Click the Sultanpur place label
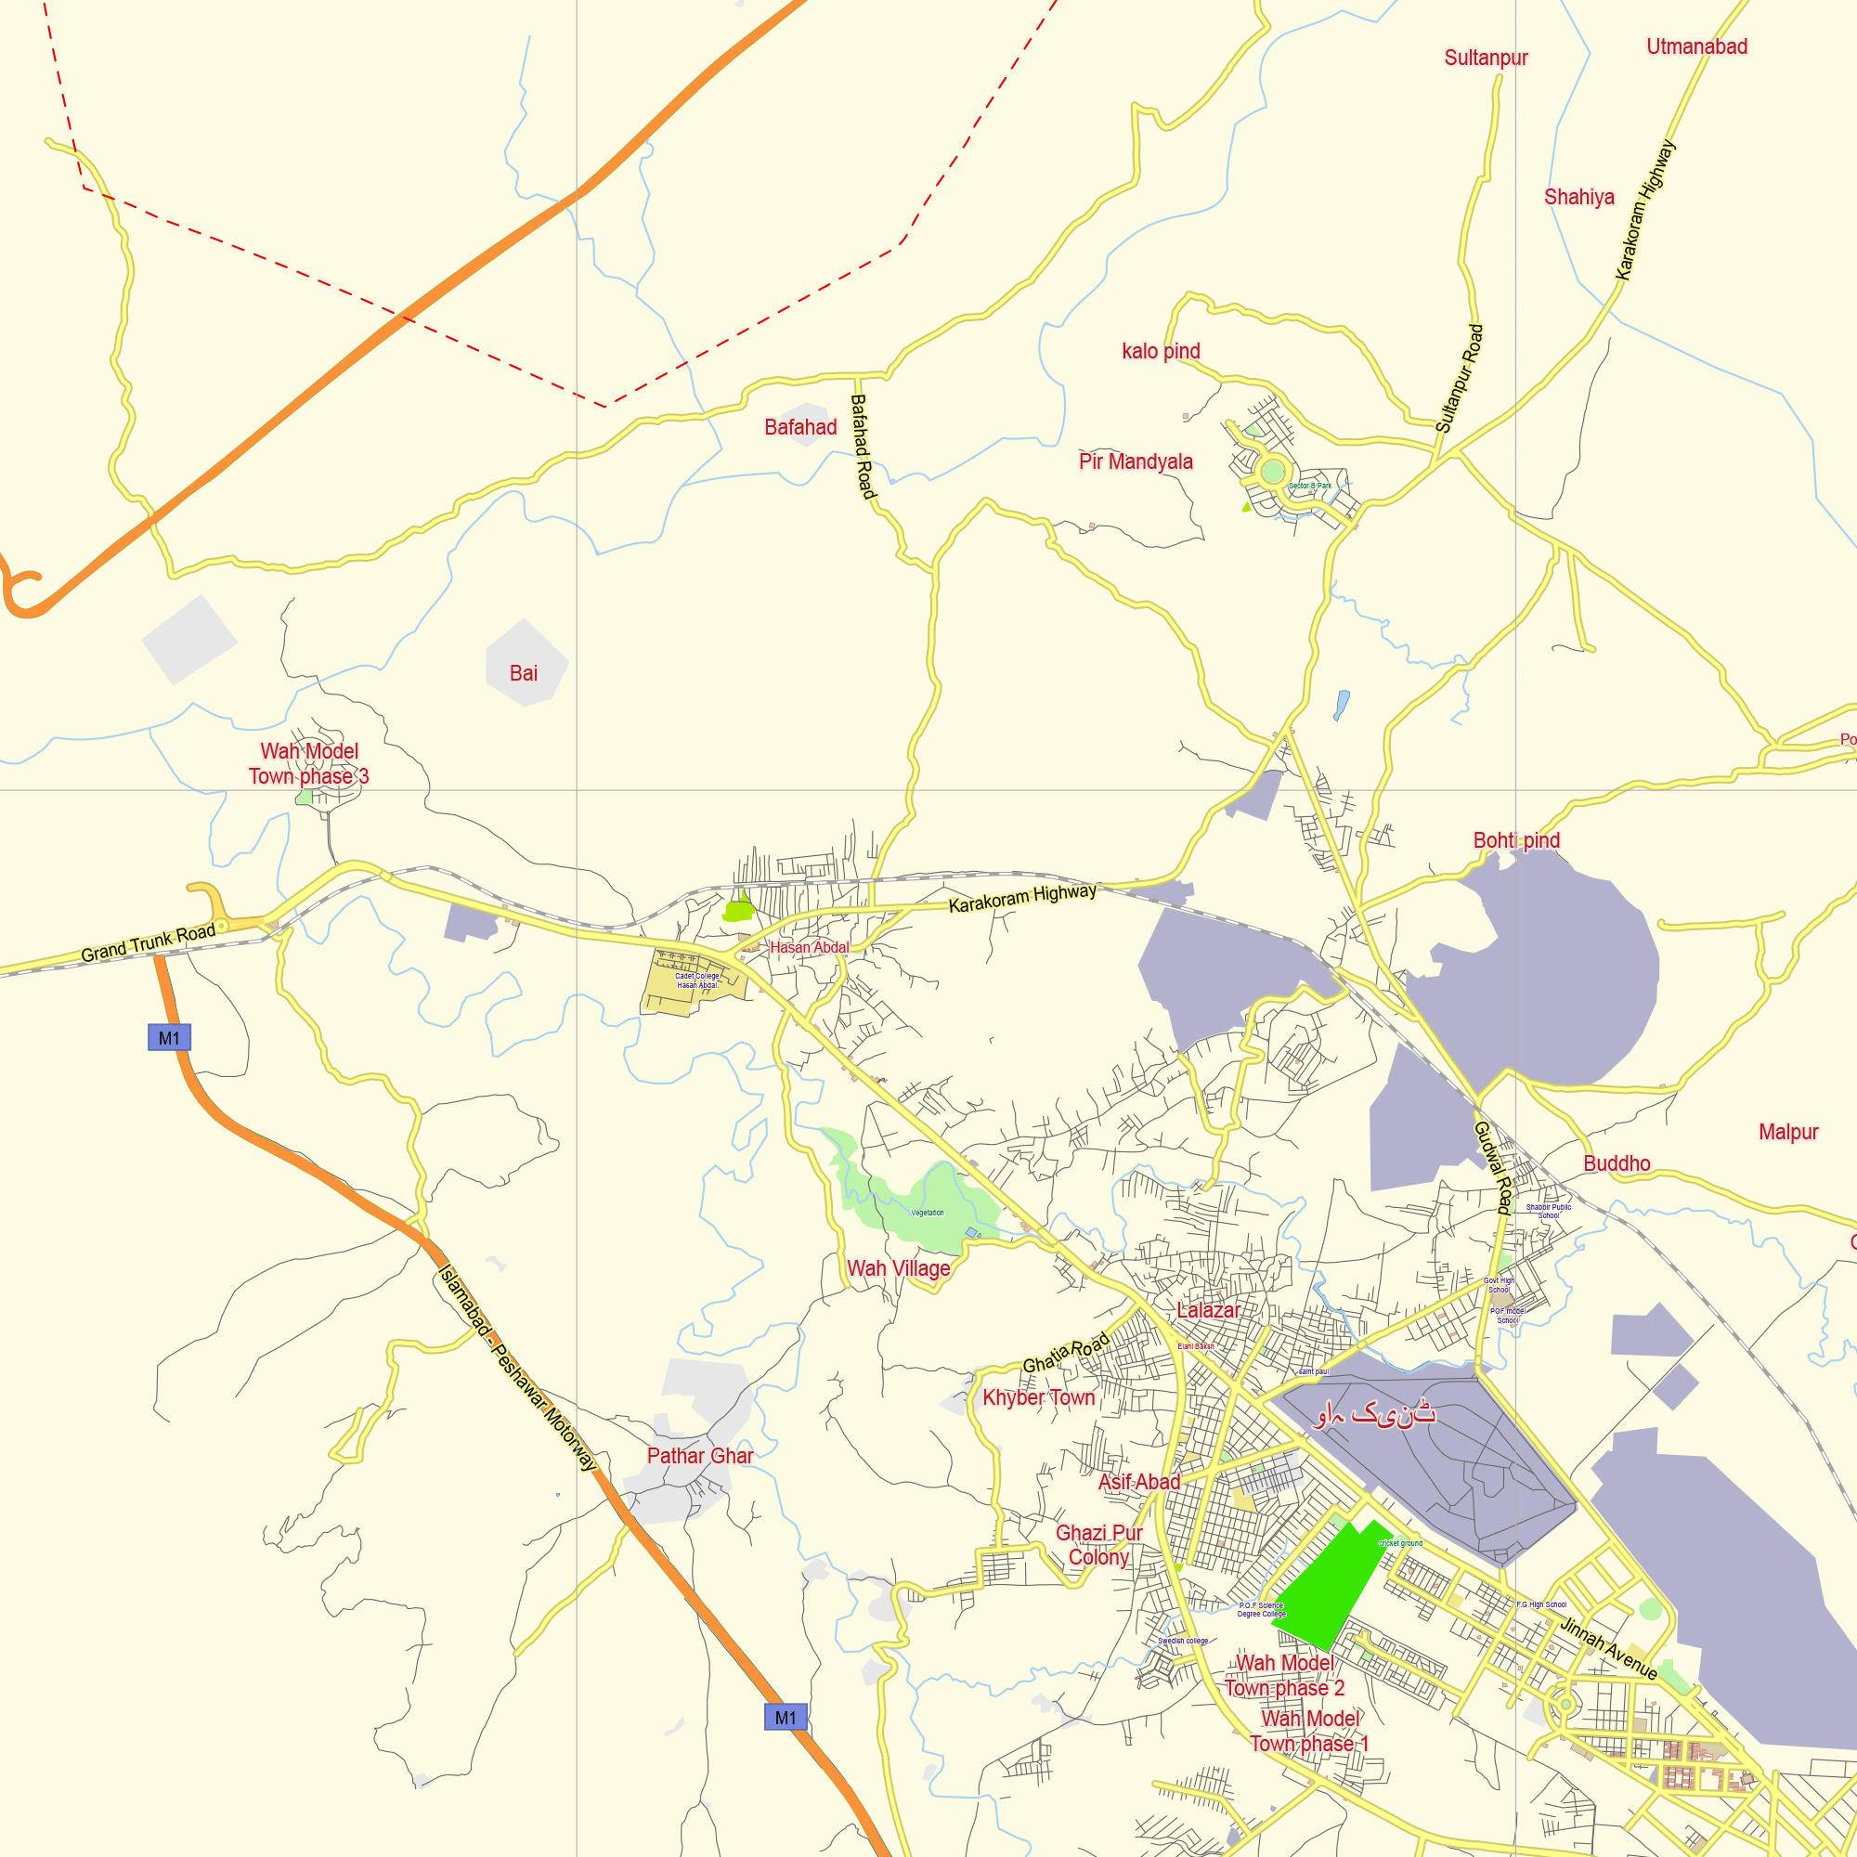click(1485, 58)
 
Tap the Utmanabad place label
click(1696, 46)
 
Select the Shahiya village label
click(1578, 197)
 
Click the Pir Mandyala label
click(1136, 461)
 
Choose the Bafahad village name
click(799, 427)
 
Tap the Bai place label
click(523, 673)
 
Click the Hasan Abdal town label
click(810, 947)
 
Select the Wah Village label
click(898, 1267)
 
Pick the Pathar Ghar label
click(699, 1455)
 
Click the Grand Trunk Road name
click(148, 943)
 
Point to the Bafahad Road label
click(863, 447)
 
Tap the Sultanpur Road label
click(1459, 379)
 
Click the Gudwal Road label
click(1493, 1167)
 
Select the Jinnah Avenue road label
click(1607, 1648)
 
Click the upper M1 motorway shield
click(169, 1038)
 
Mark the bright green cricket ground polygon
click(1331, 1586)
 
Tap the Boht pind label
click(1516, 840)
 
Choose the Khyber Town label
click(1038, 1397)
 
